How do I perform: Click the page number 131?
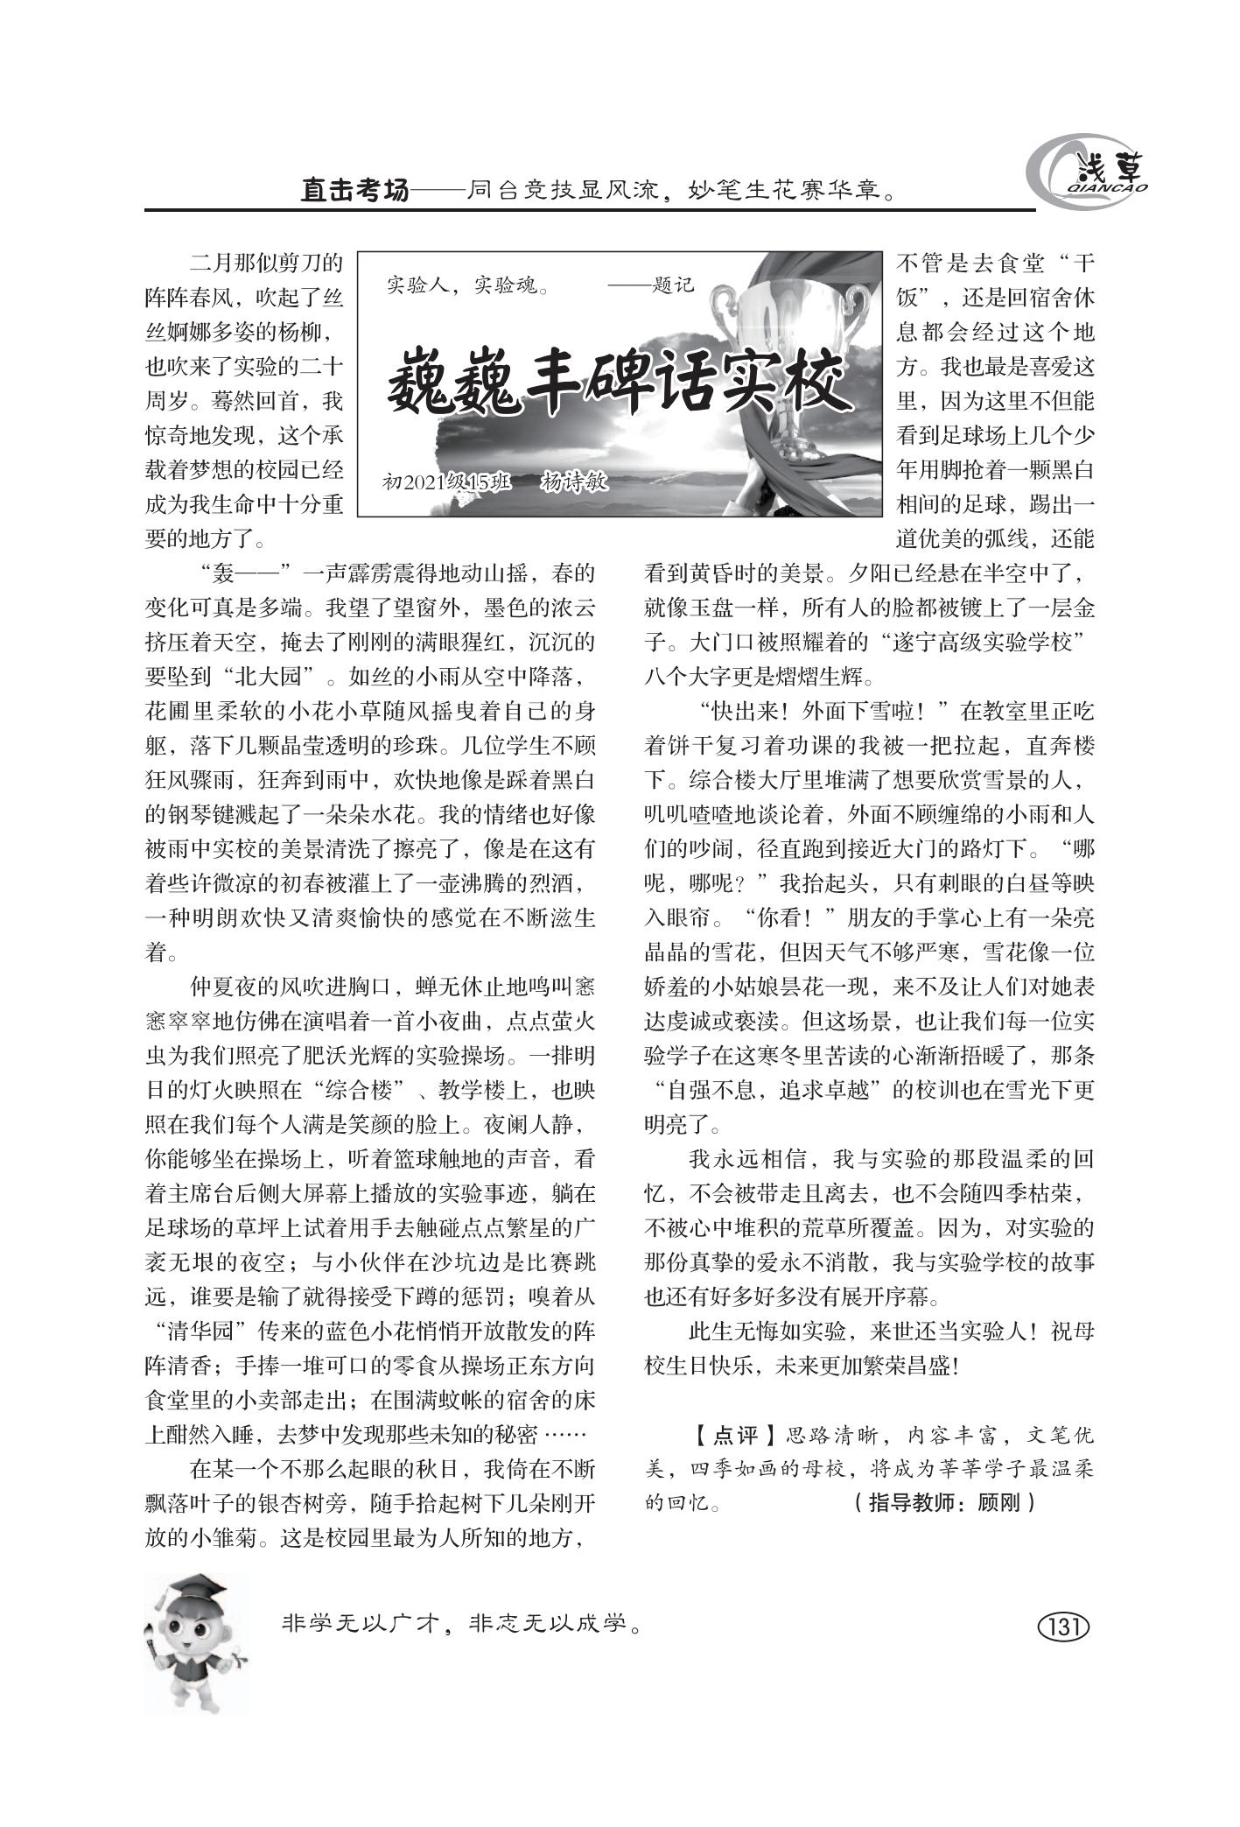point(1063,1627)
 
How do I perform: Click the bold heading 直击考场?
point(354,190)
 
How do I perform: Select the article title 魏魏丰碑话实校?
point(620,382)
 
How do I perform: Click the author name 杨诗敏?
point(574,481)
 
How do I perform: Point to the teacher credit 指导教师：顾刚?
point(943,1503)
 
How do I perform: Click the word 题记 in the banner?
point(672,285)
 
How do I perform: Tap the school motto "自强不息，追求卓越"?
point(780,1091)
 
